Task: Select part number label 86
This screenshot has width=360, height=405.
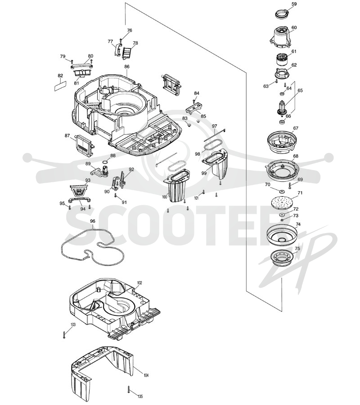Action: tap(127, 67)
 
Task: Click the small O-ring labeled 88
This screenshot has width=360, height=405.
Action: tap(105, 162)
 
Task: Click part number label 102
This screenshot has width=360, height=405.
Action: tap(139, 283)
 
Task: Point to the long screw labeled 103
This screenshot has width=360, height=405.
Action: tap(64, 334)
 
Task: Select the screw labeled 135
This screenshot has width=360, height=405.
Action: tap(128, 390)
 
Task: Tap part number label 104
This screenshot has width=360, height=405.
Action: tap(146, 375)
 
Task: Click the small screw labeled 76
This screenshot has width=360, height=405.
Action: tap(121, 40)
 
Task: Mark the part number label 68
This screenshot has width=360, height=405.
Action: tap(296, 156)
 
